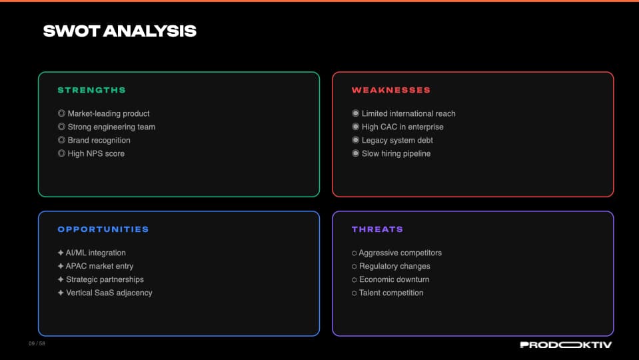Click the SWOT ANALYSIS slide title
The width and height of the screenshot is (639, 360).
(119, 31)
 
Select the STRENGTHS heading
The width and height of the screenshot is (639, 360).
(91, 90)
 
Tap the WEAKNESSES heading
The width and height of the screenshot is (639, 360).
(391, 90)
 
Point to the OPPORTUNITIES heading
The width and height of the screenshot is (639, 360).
(103, 229)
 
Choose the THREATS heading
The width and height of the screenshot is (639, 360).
(377, 229)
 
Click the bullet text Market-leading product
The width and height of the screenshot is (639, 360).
(109, 114)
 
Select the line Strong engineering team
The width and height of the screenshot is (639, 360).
(111, 127)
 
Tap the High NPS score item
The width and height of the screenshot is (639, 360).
(96, 154)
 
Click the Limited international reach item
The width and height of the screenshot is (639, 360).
(408, 114)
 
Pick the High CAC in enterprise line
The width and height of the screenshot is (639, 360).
(402, 127)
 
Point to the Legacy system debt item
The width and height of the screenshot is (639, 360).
(397, 141)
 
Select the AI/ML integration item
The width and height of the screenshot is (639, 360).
(95, 253)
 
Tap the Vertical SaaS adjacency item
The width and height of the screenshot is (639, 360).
(109, 293)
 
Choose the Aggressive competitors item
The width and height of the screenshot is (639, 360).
(400, 253)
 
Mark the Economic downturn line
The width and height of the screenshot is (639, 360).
(394, 280)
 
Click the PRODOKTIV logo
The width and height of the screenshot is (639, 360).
(566, 345)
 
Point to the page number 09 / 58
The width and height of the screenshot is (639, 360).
(37, 344)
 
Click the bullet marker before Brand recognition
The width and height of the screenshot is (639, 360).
(61, 141)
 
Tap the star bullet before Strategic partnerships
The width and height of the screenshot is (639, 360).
(61, 280)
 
